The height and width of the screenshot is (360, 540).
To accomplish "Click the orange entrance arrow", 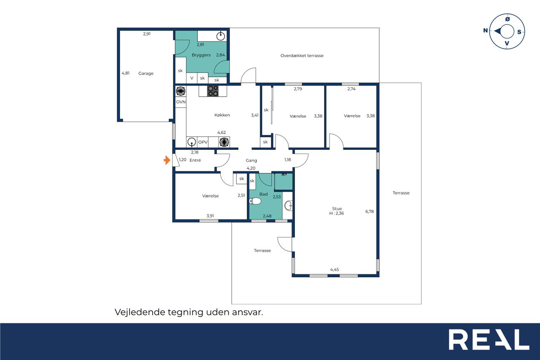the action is tap(167, 160).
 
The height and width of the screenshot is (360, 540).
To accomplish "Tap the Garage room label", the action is tap(146, 73).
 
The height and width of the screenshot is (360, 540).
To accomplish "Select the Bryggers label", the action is tap(201, 55).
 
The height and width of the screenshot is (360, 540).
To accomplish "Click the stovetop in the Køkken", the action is tap(213, 91).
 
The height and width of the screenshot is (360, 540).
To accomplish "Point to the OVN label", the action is tap(181, 102).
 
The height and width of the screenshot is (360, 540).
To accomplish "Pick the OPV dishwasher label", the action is tap(203, 142).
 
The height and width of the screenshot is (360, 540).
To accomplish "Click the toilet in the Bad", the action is tap(255, 201).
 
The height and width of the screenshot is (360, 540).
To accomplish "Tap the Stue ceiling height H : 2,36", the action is tap(337, 213).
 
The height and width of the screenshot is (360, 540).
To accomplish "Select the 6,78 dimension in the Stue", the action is tap(370, 211).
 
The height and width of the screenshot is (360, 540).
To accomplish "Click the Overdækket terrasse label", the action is tap(302, 56).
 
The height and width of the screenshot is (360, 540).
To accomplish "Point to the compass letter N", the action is tap(486, 30).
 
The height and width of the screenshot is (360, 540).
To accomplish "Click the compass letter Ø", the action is tap(508, 19).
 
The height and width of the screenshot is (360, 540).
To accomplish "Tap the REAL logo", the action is tap(489, 339).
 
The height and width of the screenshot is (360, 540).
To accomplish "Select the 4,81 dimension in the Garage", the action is tap(125, 73).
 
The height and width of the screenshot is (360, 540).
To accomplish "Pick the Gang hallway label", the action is tap(251, 160).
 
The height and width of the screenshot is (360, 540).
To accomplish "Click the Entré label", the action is tap(195, 160).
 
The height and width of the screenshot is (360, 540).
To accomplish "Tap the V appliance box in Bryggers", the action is tap(192, 78).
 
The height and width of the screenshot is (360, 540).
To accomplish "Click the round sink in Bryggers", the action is tap(221, 36).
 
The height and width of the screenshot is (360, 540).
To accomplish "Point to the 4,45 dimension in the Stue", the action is tap(335, 270).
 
